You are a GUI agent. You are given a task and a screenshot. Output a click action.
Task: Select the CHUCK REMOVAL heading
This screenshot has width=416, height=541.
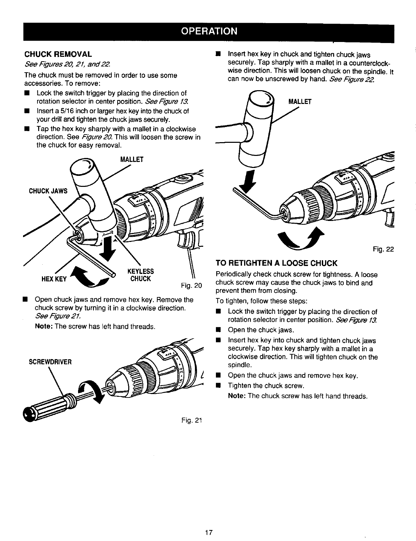click(x=58, y=54)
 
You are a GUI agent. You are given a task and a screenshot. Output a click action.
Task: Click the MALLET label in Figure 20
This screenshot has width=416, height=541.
click(x=132, y=159)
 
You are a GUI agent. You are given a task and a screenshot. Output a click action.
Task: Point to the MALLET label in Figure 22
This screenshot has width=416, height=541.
click(x=300, y=102)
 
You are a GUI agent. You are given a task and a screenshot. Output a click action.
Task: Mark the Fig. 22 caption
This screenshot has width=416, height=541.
click(x=383, y=249)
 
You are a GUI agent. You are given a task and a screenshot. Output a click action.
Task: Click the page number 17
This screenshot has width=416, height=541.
click(x=208, y=533)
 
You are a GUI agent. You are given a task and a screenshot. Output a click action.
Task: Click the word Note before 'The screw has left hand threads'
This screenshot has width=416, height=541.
click(x=44, y=326)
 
